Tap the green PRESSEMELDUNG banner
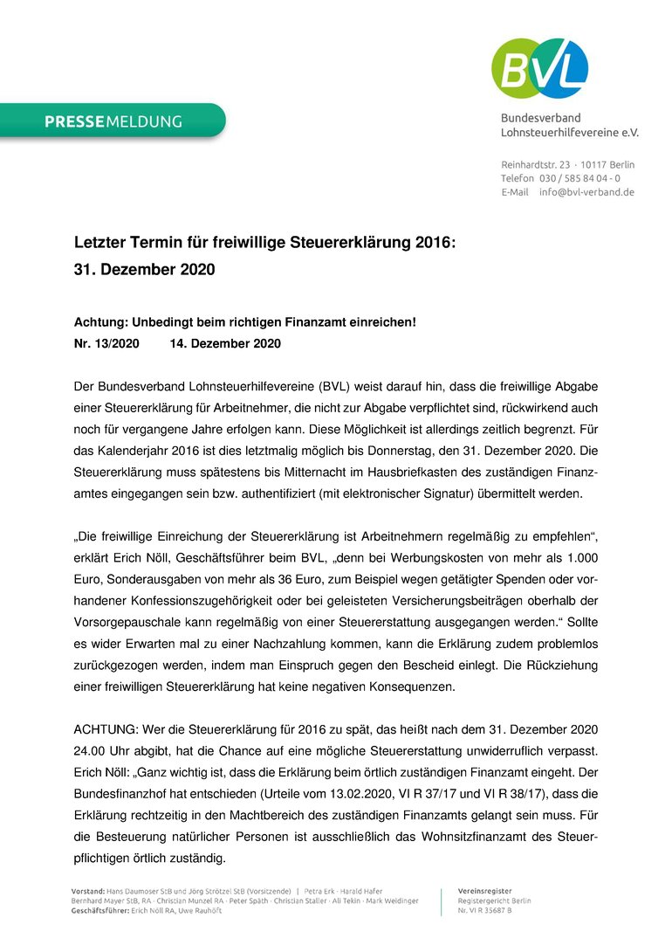coord(113,121)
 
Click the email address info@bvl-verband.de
coord(586,192)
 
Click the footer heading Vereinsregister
coord(484,889)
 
